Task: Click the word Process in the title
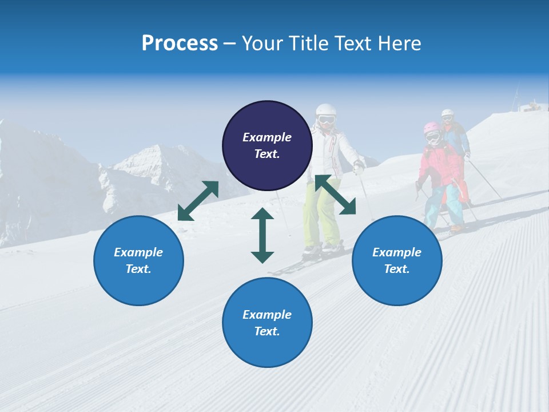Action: point(180,43)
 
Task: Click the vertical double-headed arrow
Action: point(262,236)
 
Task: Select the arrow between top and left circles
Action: point(198,201)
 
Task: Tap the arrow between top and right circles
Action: point(335,195)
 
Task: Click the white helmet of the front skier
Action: point(326,110)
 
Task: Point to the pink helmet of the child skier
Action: point(432,127)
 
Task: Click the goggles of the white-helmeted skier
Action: point(326,120)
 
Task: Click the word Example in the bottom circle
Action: point(267,315)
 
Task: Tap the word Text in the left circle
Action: point(138,269)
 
